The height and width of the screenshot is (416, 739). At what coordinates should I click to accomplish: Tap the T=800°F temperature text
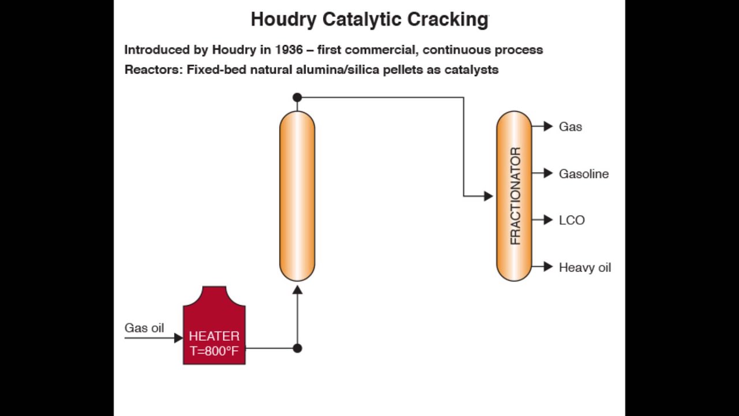point(214,351)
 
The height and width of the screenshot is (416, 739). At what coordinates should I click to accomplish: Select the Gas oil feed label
point(144,328)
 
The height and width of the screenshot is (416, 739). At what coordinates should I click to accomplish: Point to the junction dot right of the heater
point(297,348)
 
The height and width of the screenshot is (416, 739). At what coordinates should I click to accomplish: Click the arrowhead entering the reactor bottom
point(297,289)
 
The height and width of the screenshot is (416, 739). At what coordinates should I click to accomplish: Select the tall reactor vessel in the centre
point(297,196)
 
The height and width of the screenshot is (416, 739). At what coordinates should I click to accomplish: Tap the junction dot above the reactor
point(297,98)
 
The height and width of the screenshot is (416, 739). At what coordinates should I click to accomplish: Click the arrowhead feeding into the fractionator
point(488,196)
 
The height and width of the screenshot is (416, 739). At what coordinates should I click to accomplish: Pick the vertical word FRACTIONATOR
point(515,196)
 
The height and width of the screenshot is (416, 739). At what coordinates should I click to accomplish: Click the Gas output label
point(570,127)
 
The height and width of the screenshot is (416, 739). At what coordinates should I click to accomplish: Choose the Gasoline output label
point(584,174)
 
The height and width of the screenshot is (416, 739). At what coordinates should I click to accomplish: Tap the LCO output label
point(572,220)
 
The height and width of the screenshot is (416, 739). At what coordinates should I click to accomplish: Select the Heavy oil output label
point(585,268)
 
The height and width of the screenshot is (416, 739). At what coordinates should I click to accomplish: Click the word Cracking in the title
point(448,20)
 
